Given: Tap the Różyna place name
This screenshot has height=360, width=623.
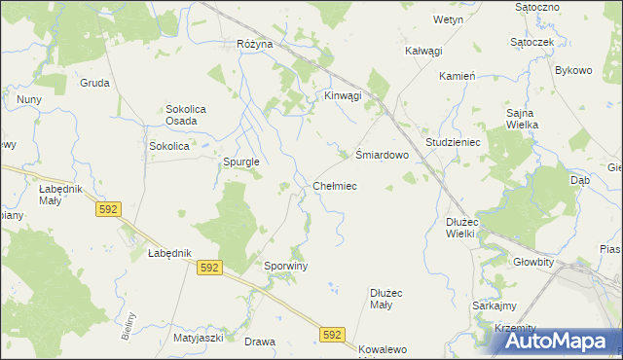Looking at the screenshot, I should pyautogui.click(x=254, y=45).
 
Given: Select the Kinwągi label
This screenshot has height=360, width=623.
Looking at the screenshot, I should pyautogui.click(x=343, y=95).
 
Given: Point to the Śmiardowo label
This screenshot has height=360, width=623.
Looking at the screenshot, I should pyautogui.click(x=379, y=155).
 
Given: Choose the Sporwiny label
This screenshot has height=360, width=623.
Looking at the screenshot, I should pyautogui.click(x=286, y=265).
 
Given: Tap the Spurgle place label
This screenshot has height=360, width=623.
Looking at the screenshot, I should pyautogui.click(x=240, y=162).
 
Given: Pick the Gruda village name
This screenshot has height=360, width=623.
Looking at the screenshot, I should pyautogui.click(x=94, y=83).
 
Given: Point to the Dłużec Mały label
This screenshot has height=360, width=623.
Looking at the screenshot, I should pyautogui.click(x=393, y=299).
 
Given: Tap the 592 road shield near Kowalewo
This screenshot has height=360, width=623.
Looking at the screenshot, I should pyautogui.click(x=332, y=335).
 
